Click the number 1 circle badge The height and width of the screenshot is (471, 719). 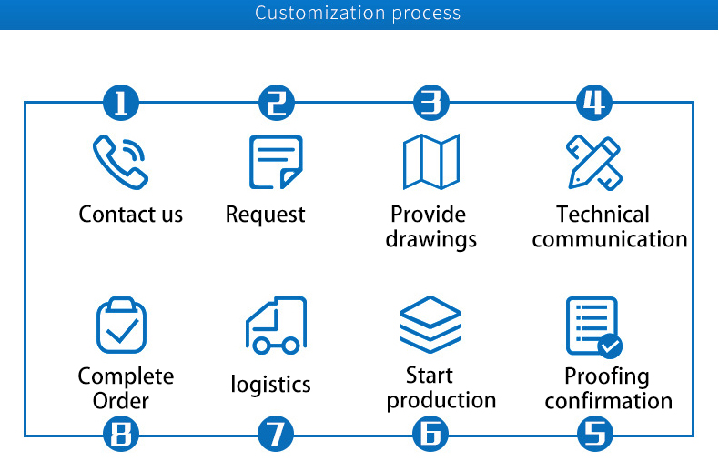[x=121, y=103]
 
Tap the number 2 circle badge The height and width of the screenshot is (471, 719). [x=277, y=103]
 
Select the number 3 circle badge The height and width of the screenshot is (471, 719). [x=431, y=103]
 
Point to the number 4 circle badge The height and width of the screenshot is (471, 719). [x=594, y=103]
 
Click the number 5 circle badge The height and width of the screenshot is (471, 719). [x=594, y=435]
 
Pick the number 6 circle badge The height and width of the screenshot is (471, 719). [x=431, y=435]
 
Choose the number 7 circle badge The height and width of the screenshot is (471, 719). [x=277, y=435]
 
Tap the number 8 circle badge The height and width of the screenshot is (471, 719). [x=121, y=435]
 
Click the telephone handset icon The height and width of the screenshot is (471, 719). [x=120, y=161]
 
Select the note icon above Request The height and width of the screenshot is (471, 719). [x=276, y=162]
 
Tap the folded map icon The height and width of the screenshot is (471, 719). [x=431, y=162]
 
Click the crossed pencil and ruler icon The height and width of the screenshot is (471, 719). [x=593, y=162]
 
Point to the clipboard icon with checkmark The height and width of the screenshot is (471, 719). [x=121, y=326]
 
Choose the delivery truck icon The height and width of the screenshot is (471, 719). [x=276, y=326]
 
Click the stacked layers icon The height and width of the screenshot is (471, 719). [x=430, y=325]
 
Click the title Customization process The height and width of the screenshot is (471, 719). [x=358, y=14]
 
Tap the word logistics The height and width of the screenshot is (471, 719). [x=270, y=385]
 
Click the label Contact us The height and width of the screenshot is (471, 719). [x=131, y=215]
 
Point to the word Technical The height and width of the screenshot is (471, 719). [x=603, y=215]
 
